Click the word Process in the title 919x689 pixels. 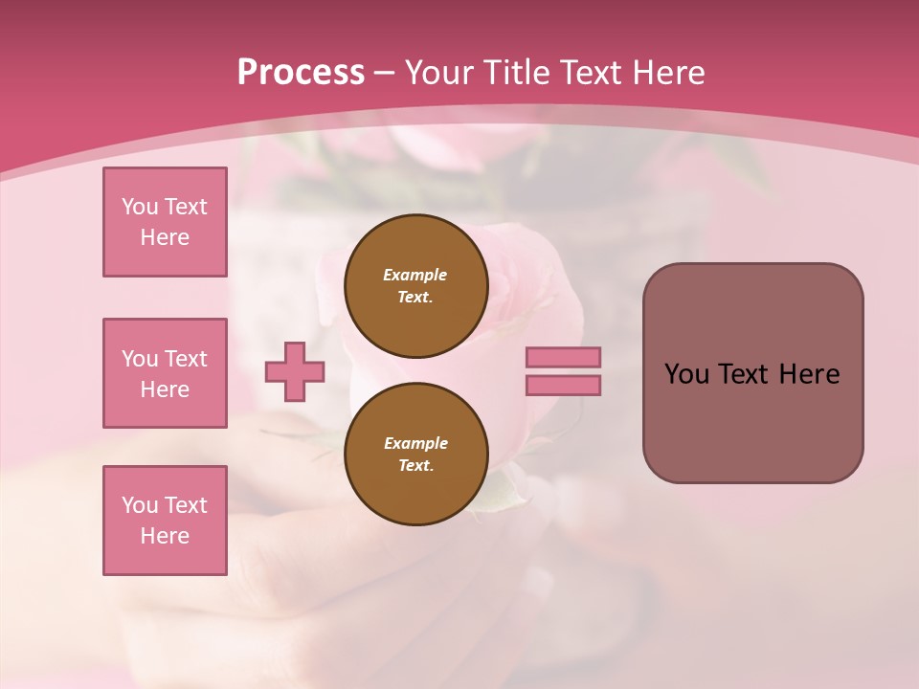click(301, 73)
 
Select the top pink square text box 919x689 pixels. click(165, 222)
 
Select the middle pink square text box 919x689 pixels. click(165, 373)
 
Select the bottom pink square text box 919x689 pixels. click(165, 521)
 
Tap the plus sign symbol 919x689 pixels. click(295, 372)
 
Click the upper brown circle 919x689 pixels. click(415, 285)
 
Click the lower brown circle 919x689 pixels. click(415, 454)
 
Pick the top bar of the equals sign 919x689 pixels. click(564, 357)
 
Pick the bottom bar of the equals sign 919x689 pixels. click(564, 386)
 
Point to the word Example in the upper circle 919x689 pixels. click(415, 275)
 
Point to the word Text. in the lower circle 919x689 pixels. click(415, 465)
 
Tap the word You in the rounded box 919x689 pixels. click(686, 374)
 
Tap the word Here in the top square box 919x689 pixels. click(165, 237)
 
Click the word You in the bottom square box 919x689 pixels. click(140, 505)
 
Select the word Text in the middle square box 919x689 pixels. click(186, 359)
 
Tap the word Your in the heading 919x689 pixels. click(439, 73)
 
